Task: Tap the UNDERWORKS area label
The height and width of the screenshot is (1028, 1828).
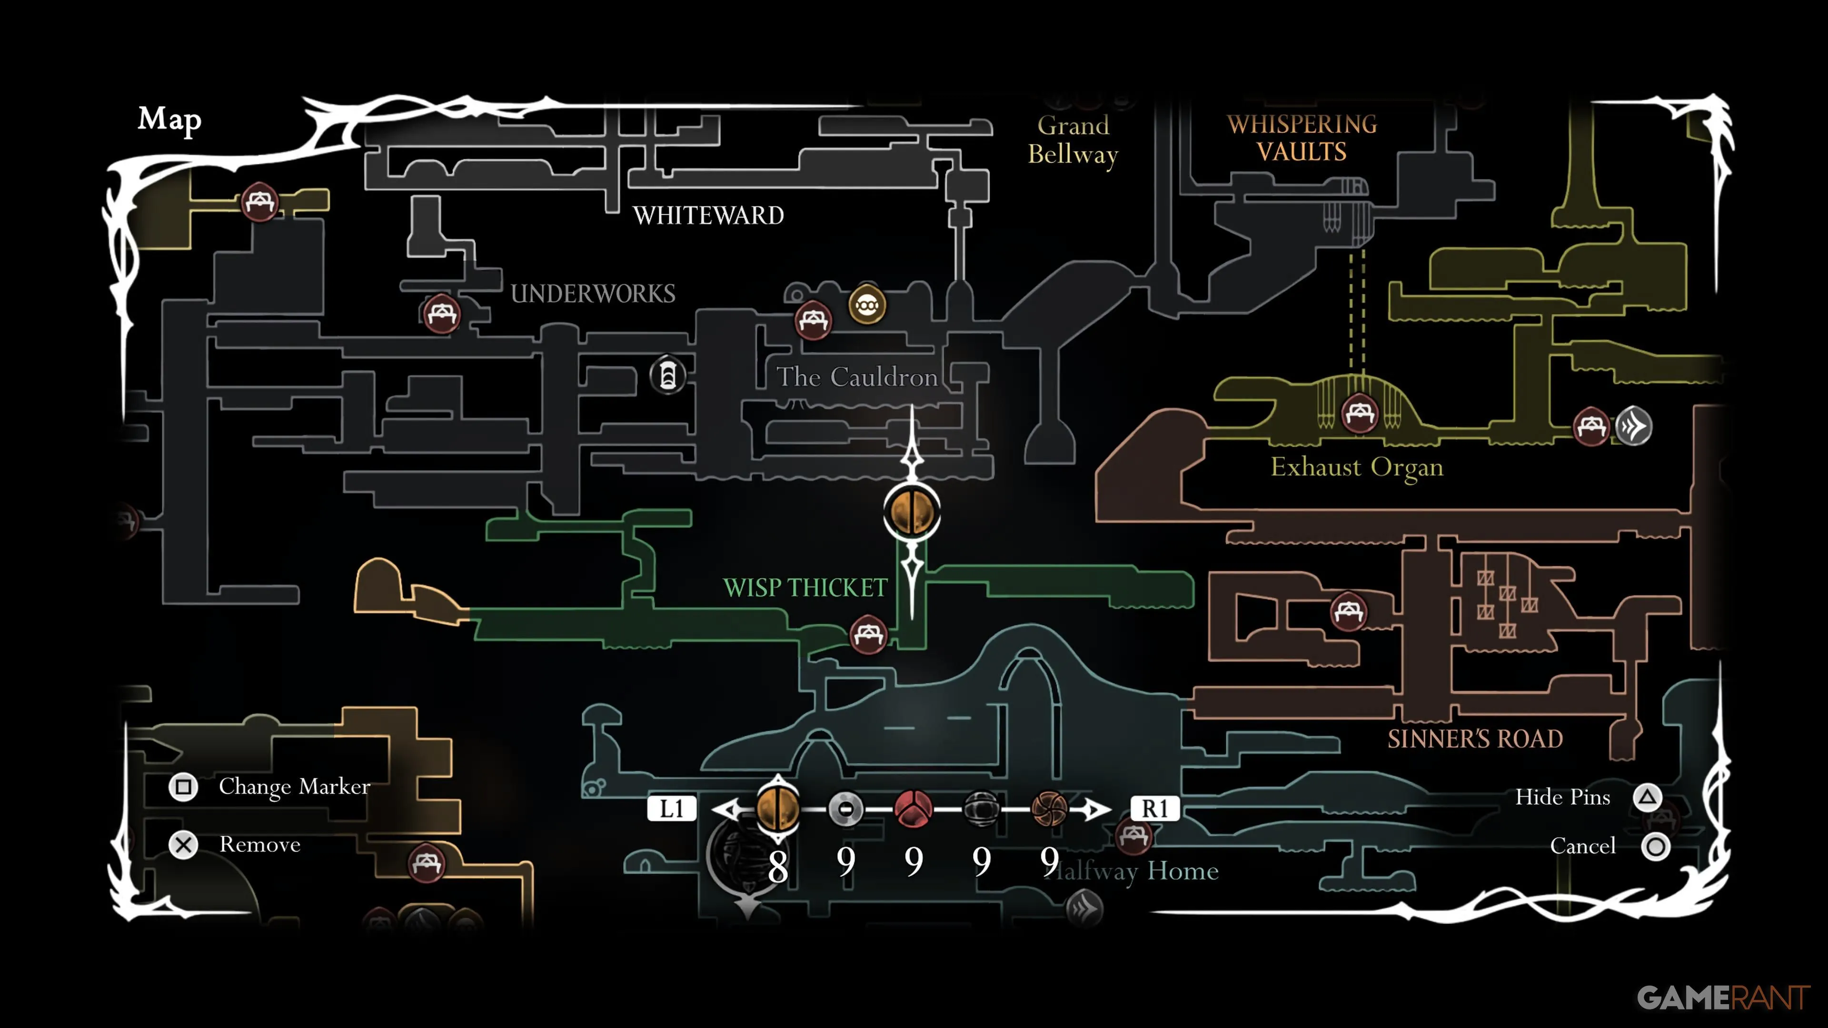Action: point(593,293)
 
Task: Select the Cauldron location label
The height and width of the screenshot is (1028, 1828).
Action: point(856,377)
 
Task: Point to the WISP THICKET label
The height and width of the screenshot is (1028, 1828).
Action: point(805,587)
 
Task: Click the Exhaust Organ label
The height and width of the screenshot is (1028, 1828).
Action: point(1356,467)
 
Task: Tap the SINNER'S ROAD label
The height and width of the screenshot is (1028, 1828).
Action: point(1475,739)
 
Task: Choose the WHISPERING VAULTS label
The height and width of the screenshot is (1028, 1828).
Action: point(1301,138)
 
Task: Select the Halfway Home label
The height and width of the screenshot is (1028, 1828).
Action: point(1135,870)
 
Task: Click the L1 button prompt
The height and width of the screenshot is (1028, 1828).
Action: point(671,809)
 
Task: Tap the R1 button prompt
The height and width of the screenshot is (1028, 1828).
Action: point(1154,809)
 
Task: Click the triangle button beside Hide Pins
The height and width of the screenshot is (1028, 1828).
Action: point(1648,798)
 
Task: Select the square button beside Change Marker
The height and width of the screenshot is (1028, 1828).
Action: point(183,787)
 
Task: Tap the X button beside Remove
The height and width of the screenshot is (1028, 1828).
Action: point(183,845)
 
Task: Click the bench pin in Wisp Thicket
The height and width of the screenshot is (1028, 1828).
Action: point(868,633)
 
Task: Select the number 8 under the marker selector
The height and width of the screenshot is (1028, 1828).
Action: point(778,866)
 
